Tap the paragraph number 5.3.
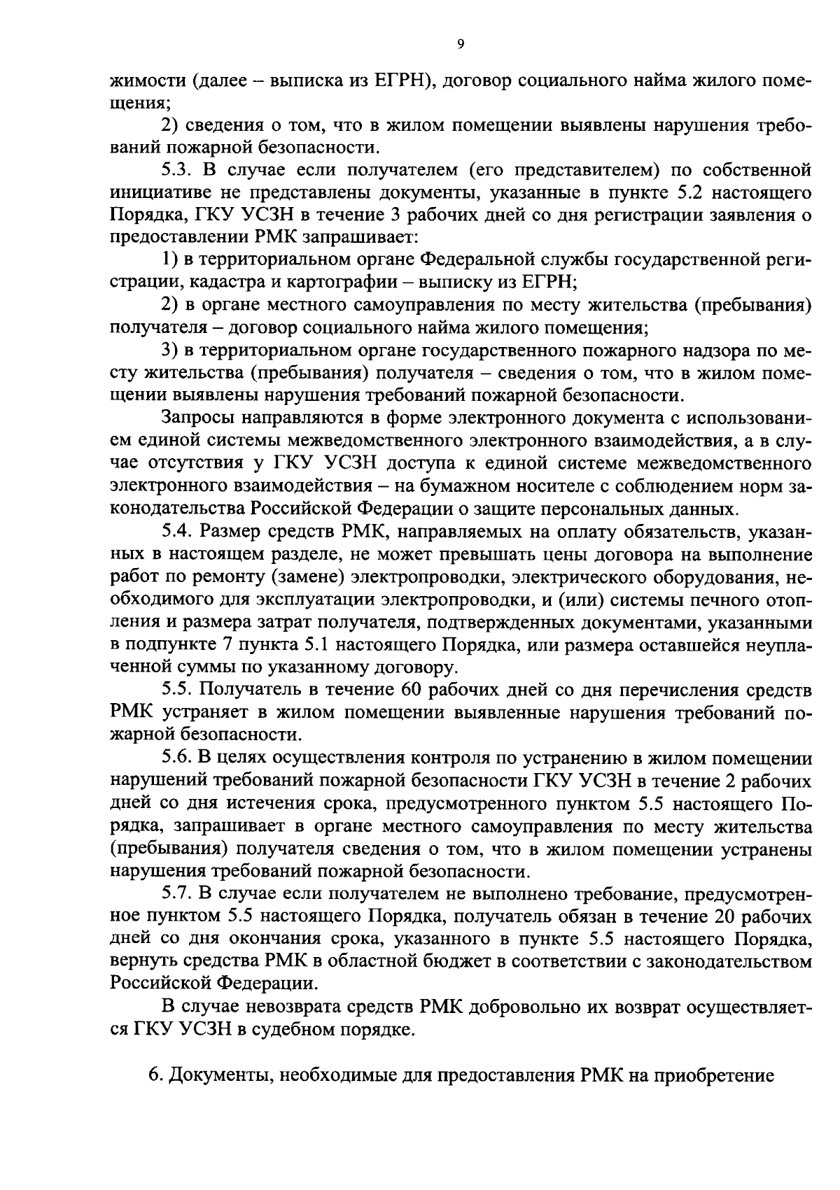point(178,170)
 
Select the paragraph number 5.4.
point(178,531)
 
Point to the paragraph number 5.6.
point(178,758)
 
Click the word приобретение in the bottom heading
point(713,1075)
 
